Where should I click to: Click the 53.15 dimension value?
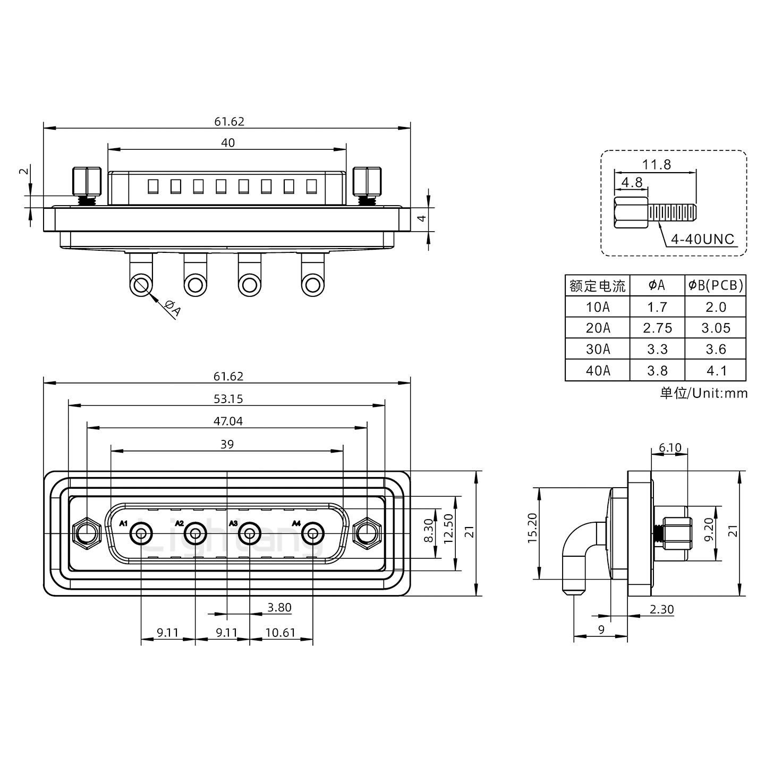click(x=227, y=398)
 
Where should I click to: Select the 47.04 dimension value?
click(x=227, y=421)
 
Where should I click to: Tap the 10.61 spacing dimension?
click(x=280, y=633)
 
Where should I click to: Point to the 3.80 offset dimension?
click(x=279, y=607)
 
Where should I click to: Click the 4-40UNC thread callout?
click(x=702, y=239)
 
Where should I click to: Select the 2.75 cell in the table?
click(x=657, y=328)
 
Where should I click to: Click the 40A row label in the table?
click(x=598, y=371)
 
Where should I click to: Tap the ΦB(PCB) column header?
click(x=716, y=285)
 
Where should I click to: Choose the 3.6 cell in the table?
click(x=716, y=350)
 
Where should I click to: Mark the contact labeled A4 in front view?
click(x=313, y=533)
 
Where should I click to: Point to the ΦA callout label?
click(x=173, y=308)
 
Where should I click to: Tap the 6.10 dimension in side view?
click(x=669, y=448)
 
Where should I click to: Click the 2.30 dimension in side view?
click(x=661, y=609)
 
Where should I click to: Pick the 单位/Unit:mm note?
click(x=703, y=393)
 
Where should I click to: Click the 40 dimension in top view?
click(x=227, y=142)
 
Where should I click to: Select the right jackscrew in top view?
click(x=367, y=183)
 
